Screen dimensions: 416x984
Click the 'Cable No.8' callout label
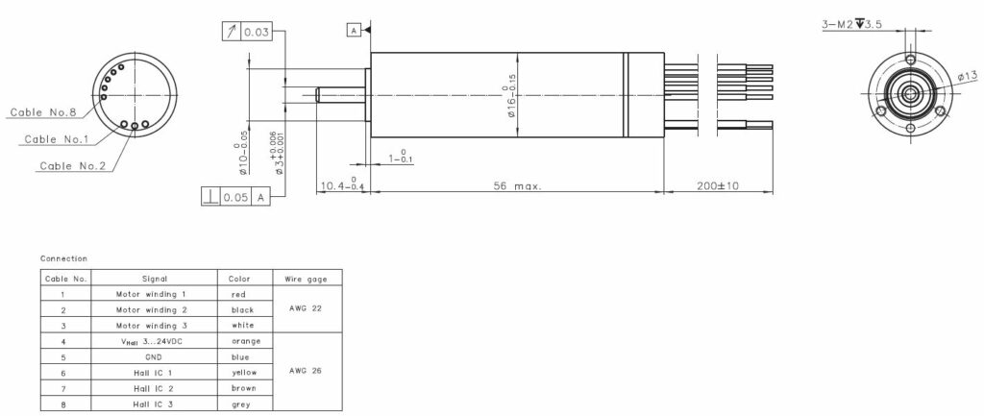pos(43,112)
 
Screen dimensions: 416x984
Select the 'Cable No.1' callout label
pos(56,139)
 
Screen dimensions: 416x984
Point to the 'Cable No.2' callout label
pos(73,166)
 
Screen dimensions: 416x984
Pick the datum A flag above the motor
pos(354,31)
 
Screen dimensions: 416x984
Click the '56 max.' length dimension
pos(516,186)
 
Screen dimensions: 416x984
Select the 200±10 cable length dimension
pos(718,186)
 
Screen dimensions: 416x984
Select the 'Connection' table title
pos(63,258)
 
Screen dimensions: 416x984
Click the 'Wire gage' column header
pos(307,279)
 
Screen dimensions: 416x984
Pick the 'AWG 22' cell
pos(307,309)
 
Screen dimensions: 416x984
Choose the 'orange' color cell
pos(246,341)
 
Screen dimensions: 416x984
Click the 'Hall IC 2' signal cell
pos(154,388)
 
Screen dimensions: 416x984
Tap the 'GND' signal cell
pos(154,356)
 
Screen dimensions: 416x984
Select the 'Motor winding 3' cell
pos(154,326)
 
